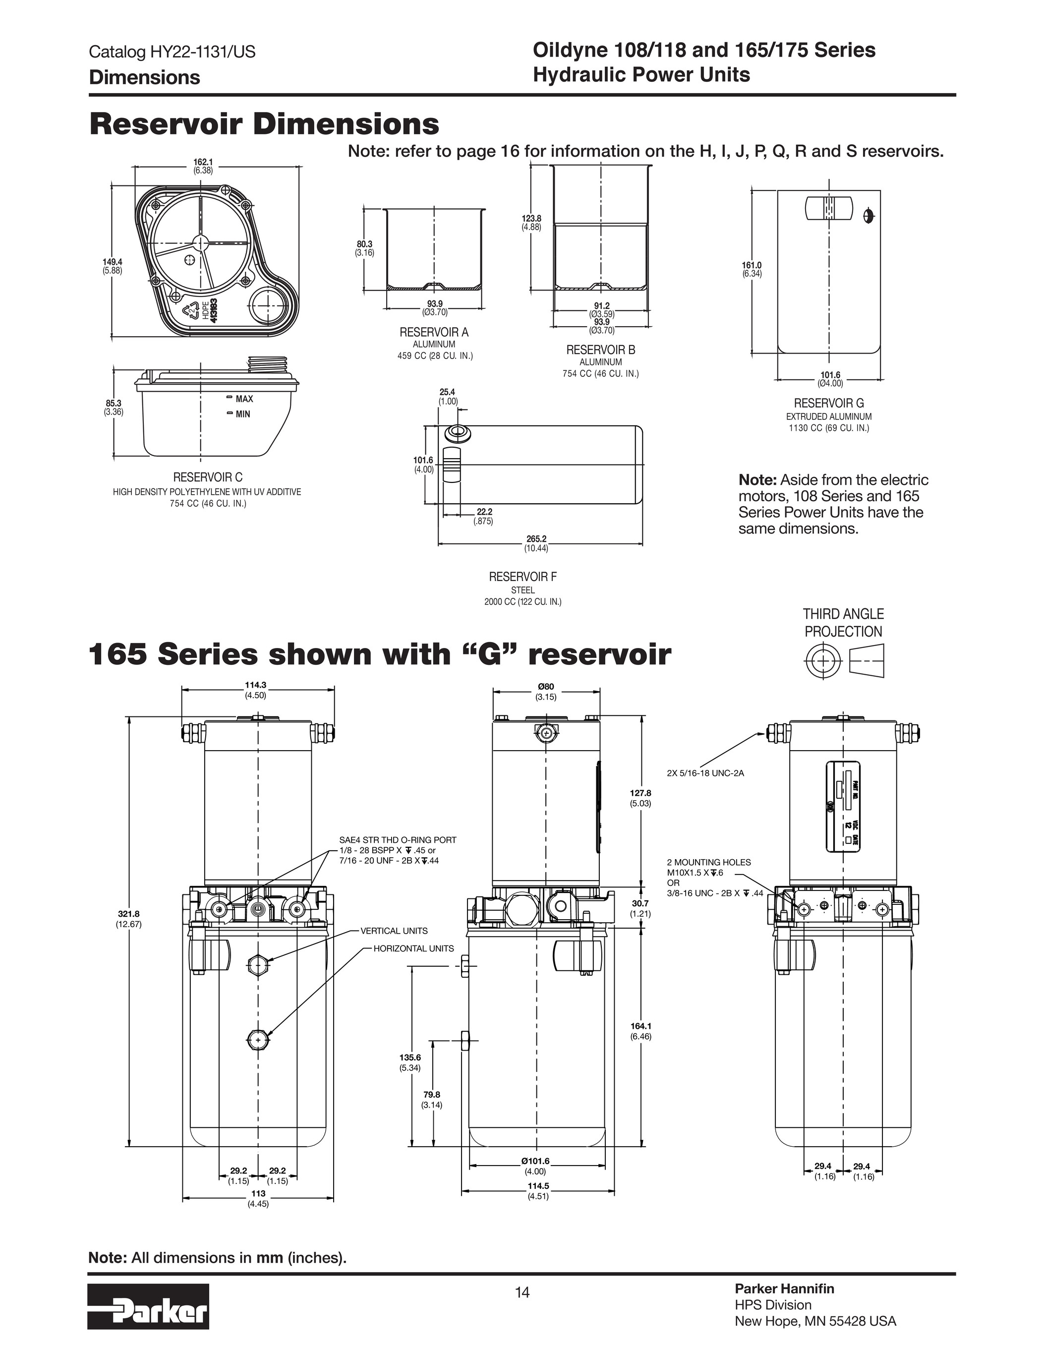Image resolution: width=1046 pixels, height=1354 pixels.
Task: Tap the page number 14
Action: coord(522,1292)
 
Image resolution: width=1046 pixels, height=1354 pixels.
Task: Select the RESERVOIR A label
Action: coord(434,332)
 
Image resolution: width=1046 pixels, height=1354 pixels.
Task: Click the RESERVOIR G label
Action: coord(828,404)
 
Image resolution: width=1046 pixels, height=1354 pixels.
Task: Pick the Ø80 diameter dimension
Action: coord(546,686)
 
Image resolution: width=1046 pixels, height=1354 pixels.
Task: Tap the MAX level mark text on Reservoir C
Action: coord(244,399)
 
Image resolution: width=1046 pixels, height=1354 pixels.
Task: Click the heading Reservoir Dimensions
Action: coord(264,124)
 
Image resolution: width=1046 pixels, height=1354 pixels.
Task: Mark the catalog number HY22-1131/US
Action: coord(173,52)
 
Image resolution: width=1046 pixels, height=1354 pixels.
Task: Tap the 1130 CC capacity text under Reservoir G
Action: coord(828,428)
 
